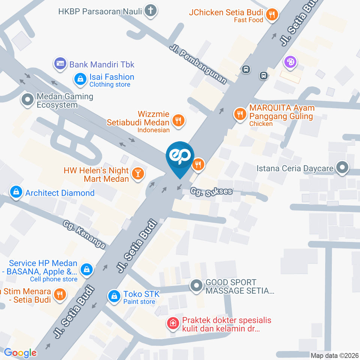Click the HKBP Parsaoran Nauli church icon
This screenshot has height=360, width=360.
(x=151, y=11)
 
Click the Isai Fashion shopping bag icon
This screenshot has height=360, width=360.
(x=80, y=79)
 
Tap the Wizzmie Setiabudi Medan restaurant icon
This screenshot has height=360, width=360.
(x=178, y=120)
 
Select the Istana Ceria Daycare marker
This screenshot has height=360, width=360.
(x=342, y=168)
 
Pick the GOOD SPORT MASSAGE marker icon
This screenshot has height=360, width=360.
(x=196, y=286)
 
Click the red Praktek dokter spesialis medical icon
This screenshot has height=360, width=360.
(x=173, y=323)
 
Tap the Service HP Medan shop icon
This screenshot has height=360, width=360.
(x=87, y=270)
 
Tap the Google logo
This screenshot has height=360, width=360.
(x=20, y=353)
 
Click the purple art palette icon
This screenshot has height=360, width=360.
(x=290, y=62)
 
